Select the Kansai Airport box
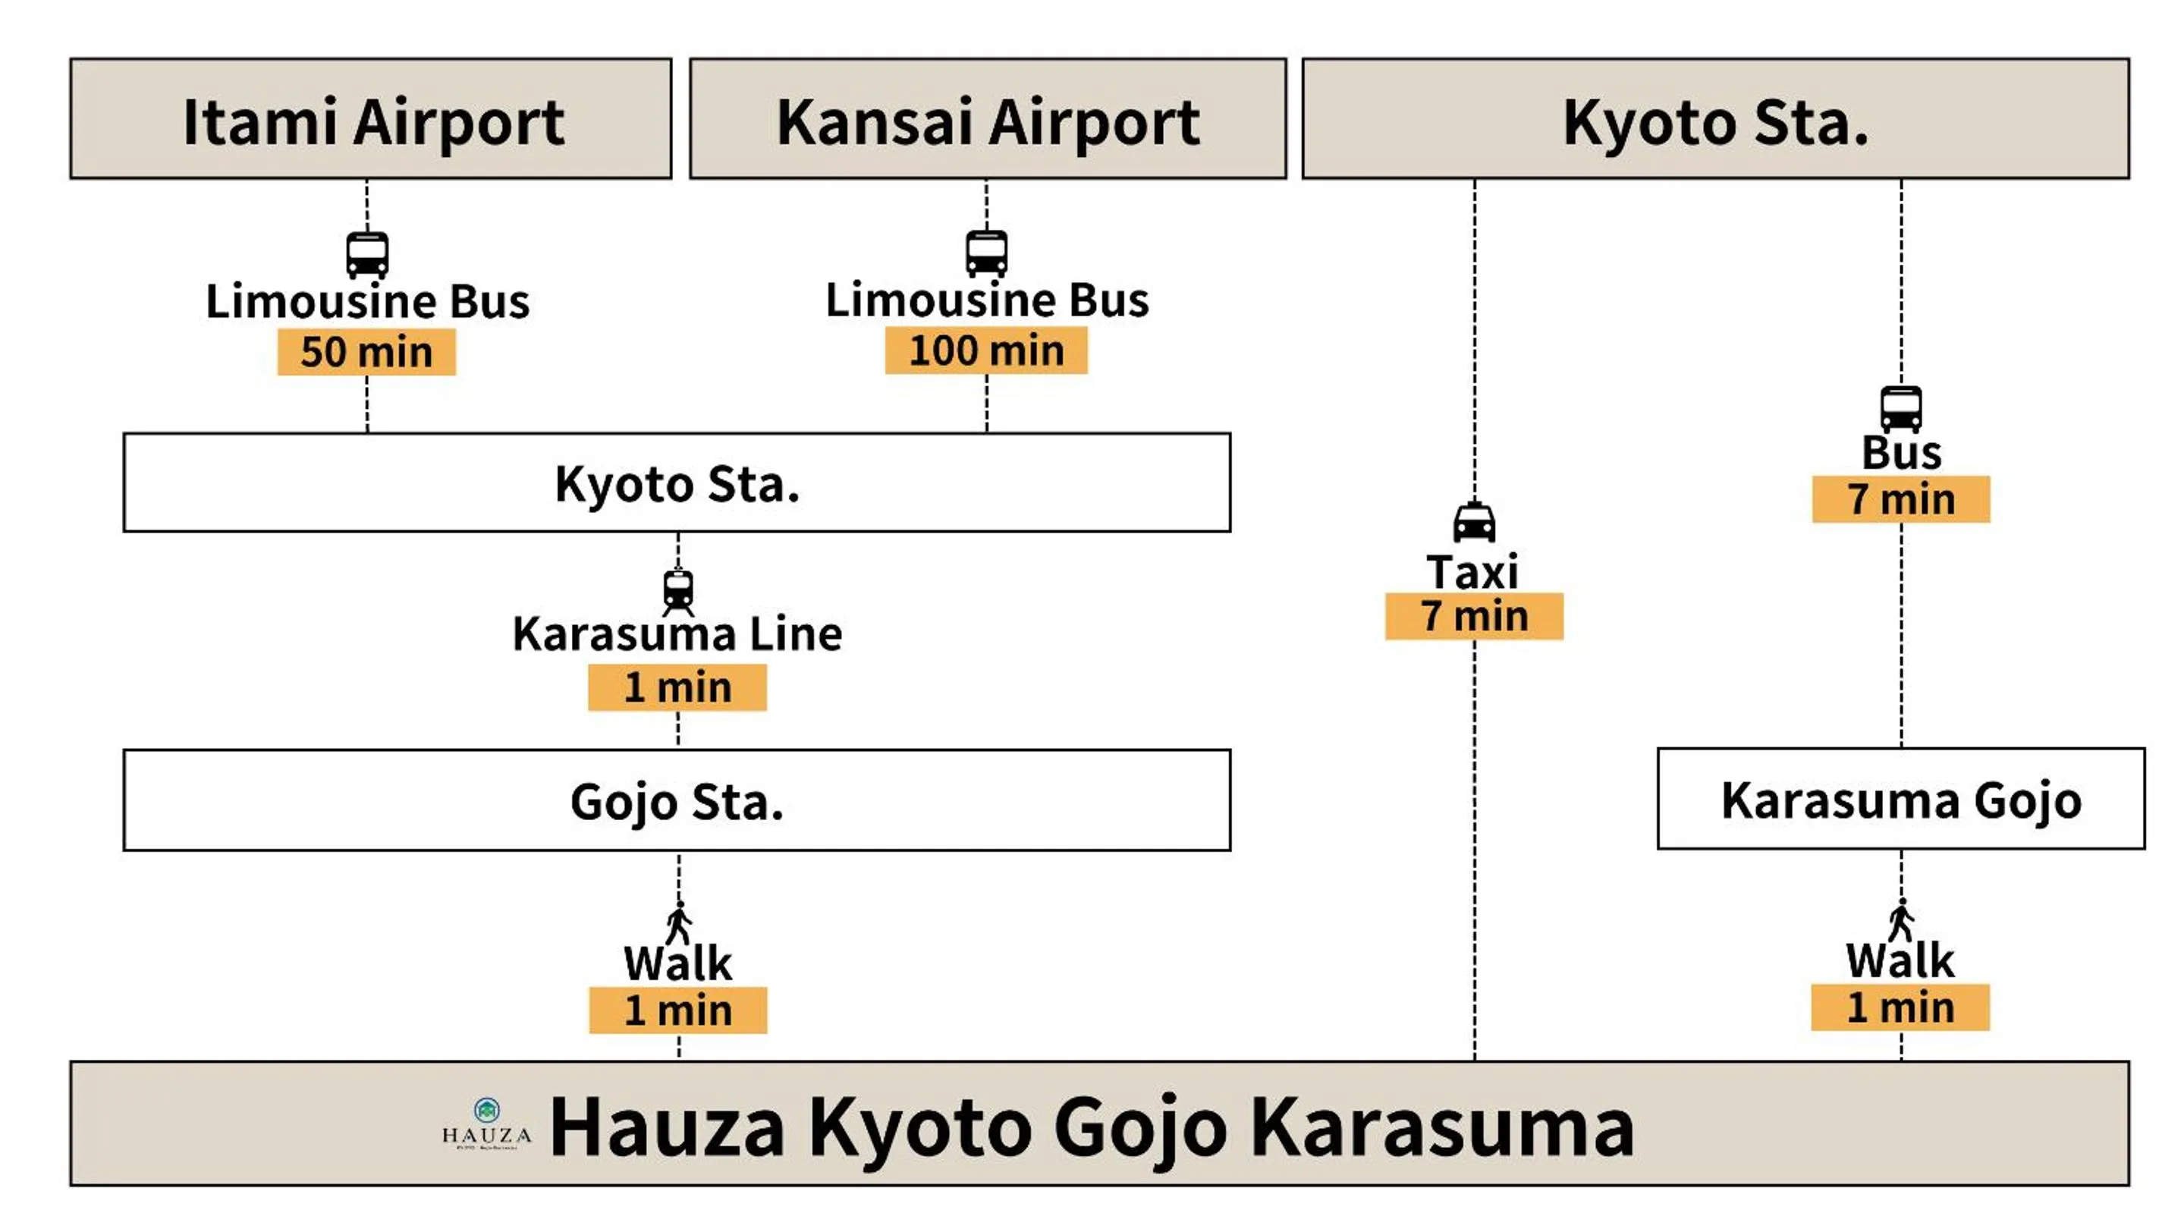point(988,118)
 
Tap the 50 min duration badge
point(366,352)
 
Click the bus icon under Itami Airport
point(367,254)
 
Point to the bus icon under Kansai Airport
point(987,253)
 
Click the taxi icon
point(1475,522)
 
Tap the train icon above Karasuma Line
point(678,591)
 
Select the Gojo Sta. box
point(677,800)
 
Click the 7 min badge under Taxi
point(1475,616)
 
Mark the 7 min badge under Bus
point(1901,499)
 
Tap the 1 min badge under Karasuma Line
point(677,687)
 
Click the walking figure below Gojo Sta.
point(679,923)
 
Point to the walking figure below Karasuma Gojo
point(1901,920)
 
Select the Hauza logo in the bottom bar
point(487,1122)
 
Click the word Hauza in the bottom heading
point(668,1127)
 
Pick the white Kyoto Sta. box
point(677,483)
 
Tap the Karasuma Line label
point(677,634)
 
